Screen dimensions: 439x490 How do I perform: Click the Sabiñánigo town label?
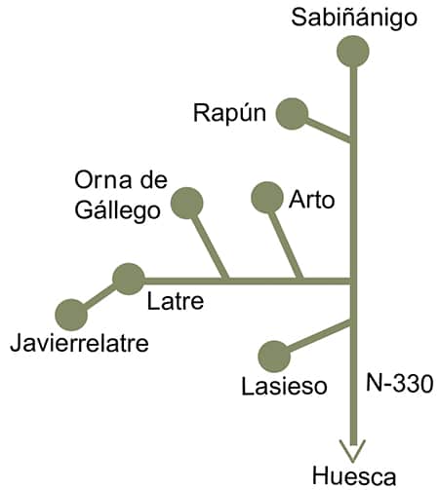(354, 19)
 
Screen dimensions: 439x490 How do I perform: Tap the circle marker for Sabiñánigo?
(353, 52)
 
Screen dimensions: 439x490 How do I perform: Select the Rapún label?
(229, 114)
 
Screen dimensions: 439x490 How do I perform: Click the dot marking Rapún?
(292, 114)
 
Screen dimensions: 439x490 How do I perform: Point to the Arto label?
(312, 200)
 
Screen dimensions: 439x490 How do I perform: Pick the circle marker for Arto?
(267, 197)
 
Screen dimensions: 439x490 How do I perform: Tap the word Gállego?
(117, 210)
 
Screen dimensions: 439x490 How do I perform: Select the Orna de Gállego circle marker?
(187, 203)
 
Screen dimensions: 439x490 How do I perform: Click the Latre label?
(176, 301)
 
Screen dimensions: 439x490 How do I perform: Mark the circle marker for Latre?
(129, 279)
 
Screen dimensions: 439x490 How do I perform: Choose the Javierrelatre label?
(79, 343)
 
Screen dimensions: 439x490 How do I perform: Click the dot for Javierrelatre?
(71, 315)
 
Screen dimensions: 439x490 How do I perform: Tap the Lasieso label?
(284, 386)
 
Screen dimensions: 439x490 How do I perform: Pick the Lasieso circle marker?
(274, 357)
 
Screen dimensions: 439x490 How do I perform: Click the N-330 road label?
(400, 383)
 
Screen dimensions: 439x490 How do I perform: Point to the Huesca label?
(354, 476)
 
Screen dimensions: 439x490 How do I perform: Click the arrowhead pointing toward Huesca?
(353, 450)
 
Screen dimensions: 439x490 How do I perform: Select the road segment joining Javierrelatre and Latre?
(100, 297)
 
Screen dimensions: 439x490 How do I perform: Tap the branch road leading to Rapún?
(328, 130)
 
